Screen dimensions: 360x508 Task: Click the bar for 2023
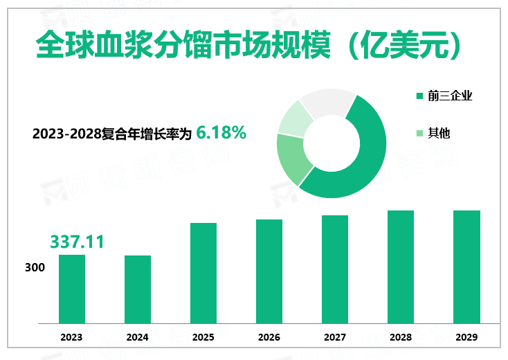pos(71,289)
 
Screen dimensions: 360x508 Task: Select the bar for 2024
pos(138,289)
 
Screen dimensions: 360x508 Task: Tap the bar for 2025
pos(203,273)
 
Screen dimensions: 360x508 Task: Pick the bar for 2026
pos(269,271)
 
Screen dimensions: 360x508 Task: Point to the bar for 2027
pos(335,269)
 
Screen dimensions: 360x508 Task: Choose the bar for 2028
pos(401,267)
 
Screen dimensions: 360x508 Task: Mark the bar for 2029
pos(466,267)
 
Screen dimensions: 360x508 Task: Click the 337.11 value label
pos(77,242)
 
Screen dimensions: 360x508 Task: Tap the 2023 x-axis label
pos(71,337)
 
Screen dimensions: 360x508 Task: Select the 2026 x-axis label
pos(269,337)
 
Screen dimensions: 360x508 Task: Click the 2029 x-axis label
pos(466,337)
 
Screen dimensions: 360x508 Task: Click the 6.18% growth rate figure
pos(221,132)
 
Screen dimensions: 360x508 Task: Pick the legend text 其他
pos(439,132)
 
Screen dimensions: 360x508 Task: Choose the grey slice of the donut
pos(325,102)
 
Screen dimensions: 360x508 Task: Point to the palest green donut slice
pos(292,117)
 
